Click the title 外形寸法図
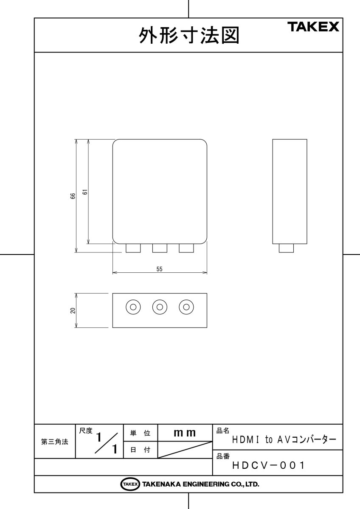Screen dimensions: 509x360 click(189, 36)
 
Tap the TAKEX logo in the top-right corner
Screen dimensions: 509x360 click(313, 27)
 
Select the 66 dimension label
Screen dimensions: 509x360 click(73, 196)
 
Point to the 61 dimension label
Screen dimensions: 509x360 click(85, 192)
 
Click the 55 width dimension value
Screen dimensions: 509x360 click(159, 269)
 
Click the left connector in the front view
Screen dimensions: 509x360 click(133, 248)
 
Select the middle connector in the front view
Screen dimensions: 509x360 click(160, 248)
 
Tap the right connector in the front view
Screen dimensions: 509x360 click(186, 248)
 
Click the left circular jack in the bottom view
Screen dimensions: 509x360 click(133, 307)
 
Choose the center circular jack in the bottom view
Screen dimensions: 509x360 click(160, 307)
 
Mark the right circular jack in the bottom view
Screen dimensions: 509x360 click(186, 307)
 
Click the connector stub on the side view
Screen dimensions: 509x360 click(286, 248)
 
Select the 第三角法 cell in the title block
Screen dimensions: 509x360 click(54, 442)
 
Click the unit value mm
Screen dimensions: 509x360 click(185, 433)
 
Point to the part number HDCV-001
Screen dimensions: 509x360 click(268, 466)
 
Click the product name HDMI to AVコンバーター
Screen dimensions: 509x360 click(284, 439)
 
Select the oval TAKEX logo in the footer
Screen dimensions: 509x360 click(130, 484)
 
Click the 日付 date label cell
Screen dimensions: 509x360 click(140, 450)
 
